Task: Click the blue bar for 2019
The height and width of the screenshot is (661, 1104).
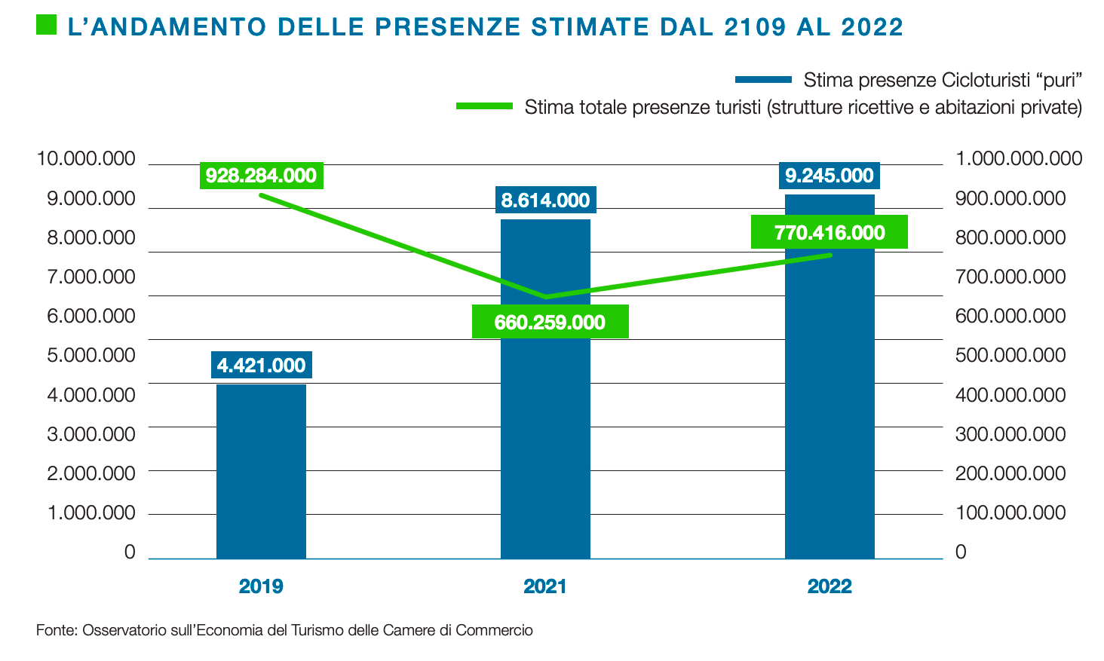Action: (261, 471)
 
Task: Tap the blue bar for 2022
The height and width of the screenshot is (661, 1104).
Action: (830, 407)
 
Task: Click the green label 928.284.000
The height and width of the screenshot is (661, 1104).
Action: (261, 176)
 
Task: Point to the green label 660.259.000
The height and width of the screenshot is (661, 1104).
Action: (550, 322)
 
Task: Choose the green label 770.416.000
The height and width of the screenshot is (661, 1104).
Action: (830, 232)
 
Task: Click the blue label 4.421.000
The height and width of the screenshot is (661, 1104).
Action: (261, 366)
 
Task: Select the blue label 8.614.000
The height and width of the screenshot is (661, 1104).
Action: (545, 200)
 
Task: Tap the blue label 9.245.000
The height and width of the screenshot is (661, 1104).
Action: (830, 176)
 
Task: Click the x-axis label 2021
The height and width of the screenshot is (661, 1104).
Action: (545, 586)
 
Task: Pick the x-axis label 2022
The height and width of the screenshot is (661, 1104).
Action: (830, 586)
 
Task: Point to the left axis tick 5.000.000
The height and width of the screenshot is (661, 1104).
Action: (91, 355)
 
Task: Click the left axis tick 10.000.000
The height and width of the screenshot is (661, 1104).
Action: (86, 159)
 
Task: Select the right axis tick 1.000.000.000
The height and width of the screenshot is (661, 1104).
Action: (1019, 159)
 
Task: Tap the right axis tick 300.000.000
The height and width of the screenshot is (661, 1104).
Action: (1010, 434)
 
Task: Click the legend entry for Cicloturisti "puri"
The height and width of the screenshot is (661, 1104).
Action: (943, 80)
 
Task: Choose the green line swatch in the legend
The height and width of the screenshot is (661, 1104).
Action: (484, 106)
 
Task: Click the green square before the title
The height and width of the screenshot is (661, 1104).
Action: (46, 26)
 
